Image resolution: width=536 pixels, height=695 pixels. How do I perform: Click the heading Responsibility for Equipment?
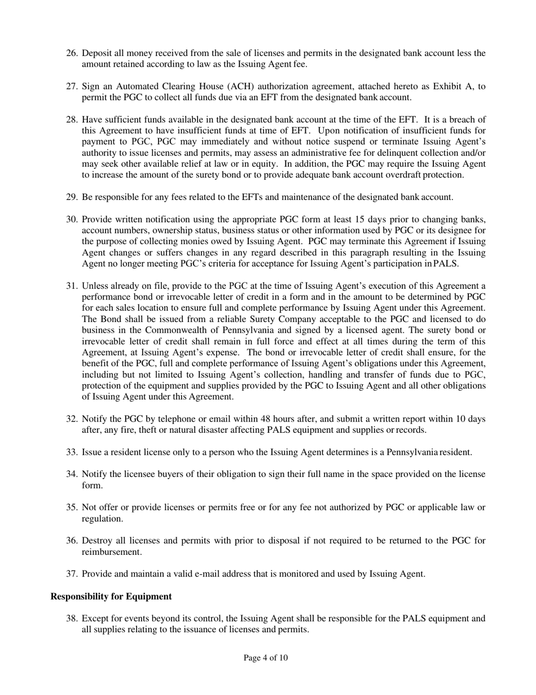(111, 597)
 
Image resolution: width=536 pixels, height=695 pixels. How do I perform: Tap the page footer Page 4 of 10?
(266, 658)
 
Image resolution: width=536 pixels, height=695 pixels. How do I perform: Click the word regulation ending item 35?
(102, 519)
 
